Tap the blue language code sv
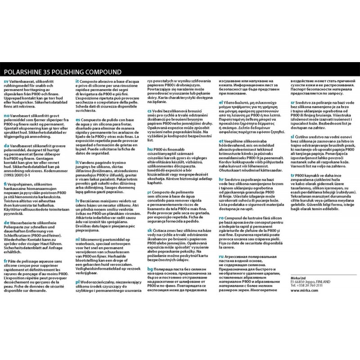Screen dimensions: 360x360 [5, 81]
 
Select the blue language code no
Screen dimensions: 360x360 [6, 116]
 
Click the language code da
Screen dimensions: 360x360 [5, 145]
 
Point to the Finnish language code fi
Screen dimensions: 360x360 [5, 185]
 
